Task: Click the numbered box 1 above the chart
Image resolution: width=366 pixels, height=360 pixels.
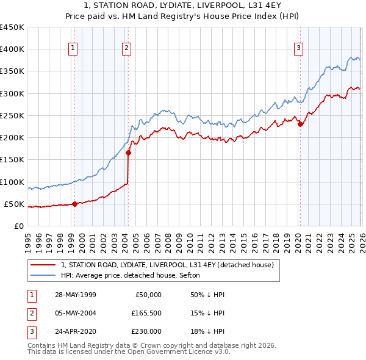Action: (73, 49)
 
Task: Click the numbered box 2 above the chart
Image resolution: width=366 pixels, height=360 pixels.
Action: (126, 49)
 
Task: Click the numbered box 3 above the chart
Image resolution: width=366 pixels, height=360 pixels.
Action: (299, 49)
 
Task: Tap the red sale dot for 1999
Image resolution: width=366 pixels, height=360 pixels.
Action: (74, 204)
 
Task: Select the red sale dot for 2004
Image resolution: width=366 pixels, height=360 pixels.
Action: (128, 153)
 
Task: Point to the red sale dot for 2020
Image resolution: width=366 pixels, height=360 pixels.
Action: (300, 124)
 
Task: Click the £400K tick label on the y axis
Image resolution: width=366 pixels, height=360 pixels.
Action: (12, 49)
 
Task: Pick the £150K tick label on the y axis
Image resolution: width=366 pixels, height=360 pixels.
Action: (12, 160)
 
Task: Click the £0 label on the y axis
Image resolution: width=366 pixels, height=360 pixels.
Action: (20, 226)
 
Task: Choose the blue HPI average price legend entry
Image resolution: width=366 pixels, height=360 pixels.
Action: (134, 275)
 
